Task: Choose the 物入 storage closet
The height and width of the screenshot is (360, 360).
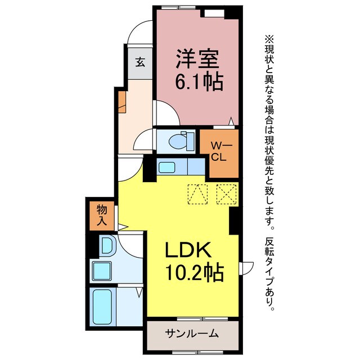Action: click(x=102, y=216)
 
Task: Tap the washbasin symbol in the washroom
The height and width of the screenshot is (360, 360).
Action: click(x=106, y=245)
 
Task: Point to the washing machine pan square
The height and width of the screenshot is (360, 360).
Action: click(x=102, y=271)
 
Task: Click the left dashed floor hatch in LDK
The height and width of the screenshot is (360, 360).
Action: click(x=197, y=195)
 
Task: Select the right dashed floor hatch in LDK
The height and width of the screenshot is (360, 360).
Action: click(x=226, y=195)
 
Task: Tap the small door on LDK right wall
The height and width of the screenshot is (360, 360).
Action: click(x=243, y=269)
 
